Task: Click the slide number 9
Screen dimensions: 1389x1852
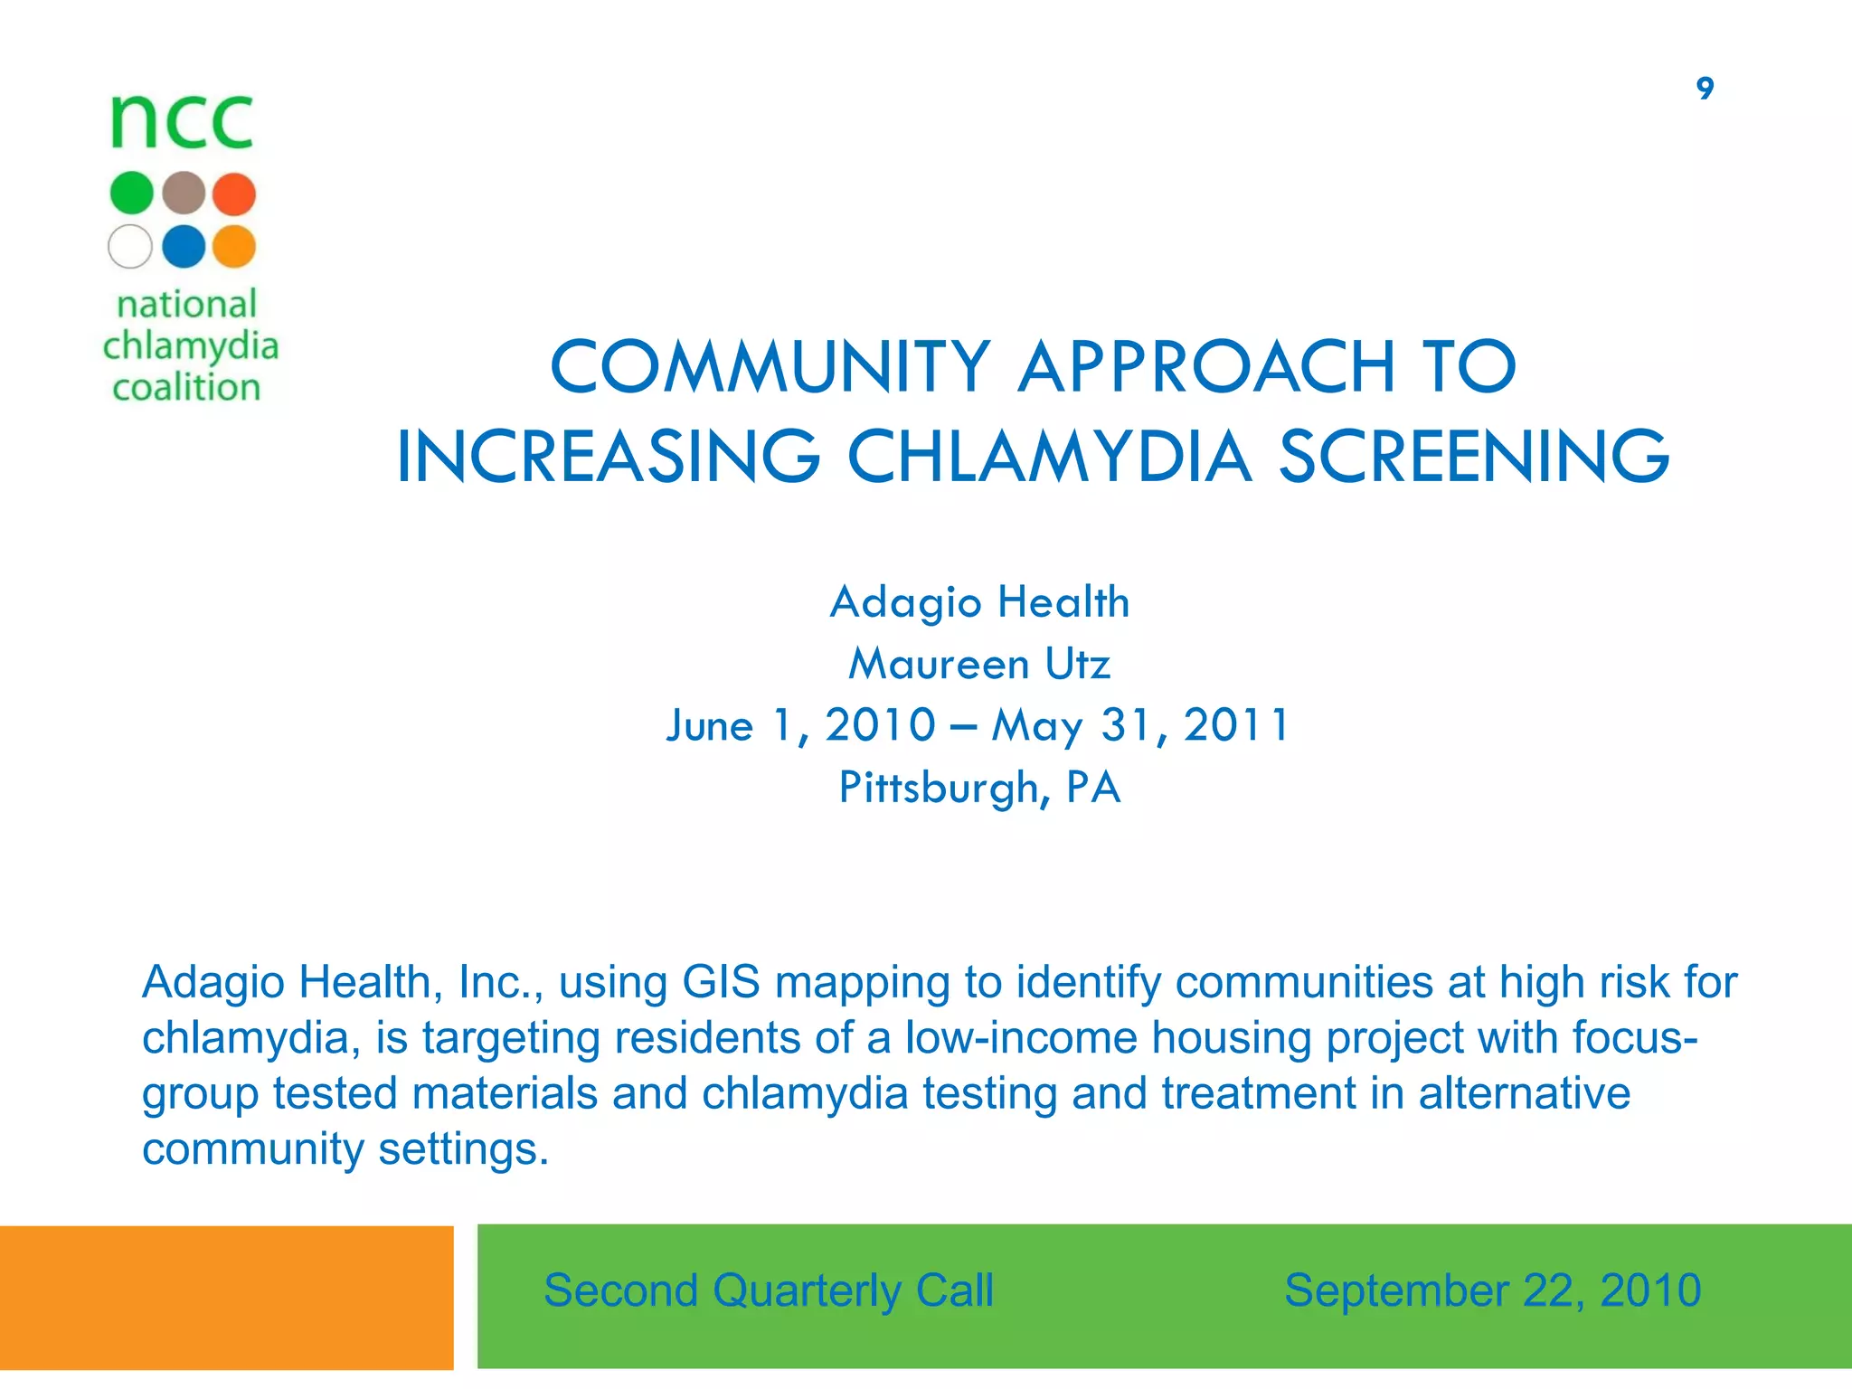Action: click(x=1705, y=89)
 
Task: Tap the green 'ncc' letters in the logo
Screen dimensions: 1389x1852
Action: click(x=182, y=122)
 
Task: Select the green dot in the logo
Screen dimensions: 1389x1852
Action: click(x=132, y=194)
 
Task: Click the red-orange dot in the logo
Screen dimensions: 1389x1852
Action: click(x=234, y=194)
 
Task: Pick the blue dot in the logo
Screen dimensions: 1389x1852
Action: click(x=184, y=246)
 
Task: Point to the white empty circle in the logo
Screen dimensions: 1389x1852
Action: click(x=130, y=246)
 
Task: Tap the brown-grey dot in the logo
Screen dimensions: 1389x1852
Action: click(x=184, y=194)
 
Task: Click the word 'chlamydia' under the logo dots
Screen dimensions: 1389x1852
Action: click(x=190, y=346)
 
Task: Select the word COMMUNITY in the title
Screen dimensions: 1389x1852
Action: click(x=770, y=367)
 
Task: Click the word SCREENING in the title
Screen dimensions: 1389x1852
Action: click(x=1473, y=457)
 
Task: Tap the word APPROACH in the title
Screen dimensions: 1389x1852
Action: click(x=1206, y=367)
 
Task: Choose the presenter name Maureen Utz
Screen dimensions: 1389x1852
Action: click(x=979, y=665)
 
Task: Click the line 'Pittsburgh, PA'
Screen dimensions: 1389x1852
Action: click(x=979, y=788)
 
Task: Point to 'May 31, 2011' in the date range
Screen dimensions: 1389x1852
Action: click(x=1141, y=726)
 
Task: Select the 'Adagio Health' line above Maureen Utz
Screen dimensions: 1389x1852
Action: click(x=979, y=603)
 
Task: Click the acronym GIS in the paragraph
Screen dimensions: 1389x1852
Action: click(x=721, y=983)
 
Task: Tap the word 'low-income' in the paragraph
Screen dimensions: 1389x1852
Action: click(x=1021, y=1038)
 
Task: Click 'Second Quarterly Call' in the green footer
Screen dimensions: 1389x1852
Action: click(x=769, y=1290)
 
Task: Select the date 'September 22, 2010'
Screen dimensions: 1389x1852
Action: click(x=1492, y=1290)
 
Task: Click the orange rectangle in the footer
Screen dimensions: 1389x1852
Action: click(x=226, y=1298)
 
